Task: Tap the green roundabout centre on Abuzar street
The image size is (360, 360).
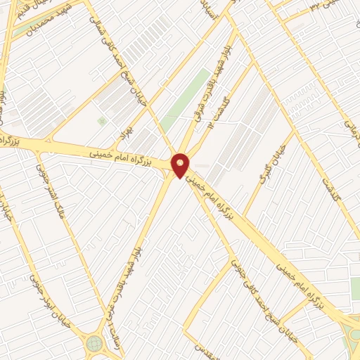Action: pos(94,344)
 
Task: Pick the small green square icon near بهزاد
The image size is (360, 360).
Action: pos(101,121)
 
